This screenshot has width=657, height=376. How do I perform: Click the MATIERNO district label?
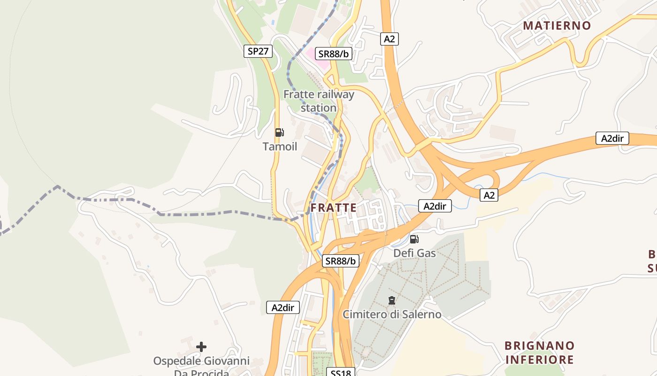click(x=557, y=25)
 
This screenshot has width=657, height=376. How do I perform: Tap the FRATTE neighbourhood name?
click(x=333, y=208)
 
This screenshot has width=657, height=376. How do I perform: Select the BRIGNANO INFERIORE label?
click(x=539, y=352)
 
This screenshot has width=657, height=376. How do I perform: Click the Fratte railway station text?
click(x=319, y=101)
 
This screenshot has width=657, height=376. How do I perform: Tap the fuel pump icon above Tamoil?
click(x=279, y=133)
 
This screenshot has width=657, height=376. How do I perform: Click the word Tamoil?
click(x=280, y=147)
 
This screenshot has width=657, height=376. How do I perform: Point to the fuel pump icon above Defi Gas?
click(x=414, y=239)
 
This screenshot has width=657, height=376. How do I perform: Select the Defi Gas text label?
click(x=414, y=253)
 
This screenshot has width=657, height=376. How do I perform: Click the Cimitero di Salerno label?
click(x=392, y=314)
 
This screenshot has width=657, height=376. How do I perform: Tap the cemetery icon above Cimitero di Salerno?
click(x=391, y=300)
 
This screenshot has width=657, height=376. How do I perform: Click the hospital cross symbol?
click(x=201, y=347)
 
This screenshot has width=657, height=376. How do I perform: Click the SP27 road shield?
click(x=258, y=51)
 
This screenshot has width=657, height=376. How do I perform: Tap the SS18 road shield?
click(x=341, y=372)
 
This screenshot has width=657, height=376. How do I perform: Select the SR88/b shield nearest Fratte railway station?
click(x=333, y=54)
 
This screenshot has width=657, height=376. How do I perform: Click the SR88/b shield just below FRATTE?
click(x=341, y=261)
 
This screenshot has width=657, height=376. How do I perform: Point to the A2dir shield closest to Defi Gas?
click(x=435, y=206)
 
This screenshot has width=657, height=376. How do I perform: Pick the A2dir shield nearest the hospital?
click(x=283, y=308)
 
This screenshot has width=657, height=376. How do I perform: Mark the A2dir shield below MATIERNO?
click(x=612, y=138)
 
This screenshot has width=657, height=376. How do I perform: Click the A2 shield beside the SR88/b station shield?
click(x=389, y=39)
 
